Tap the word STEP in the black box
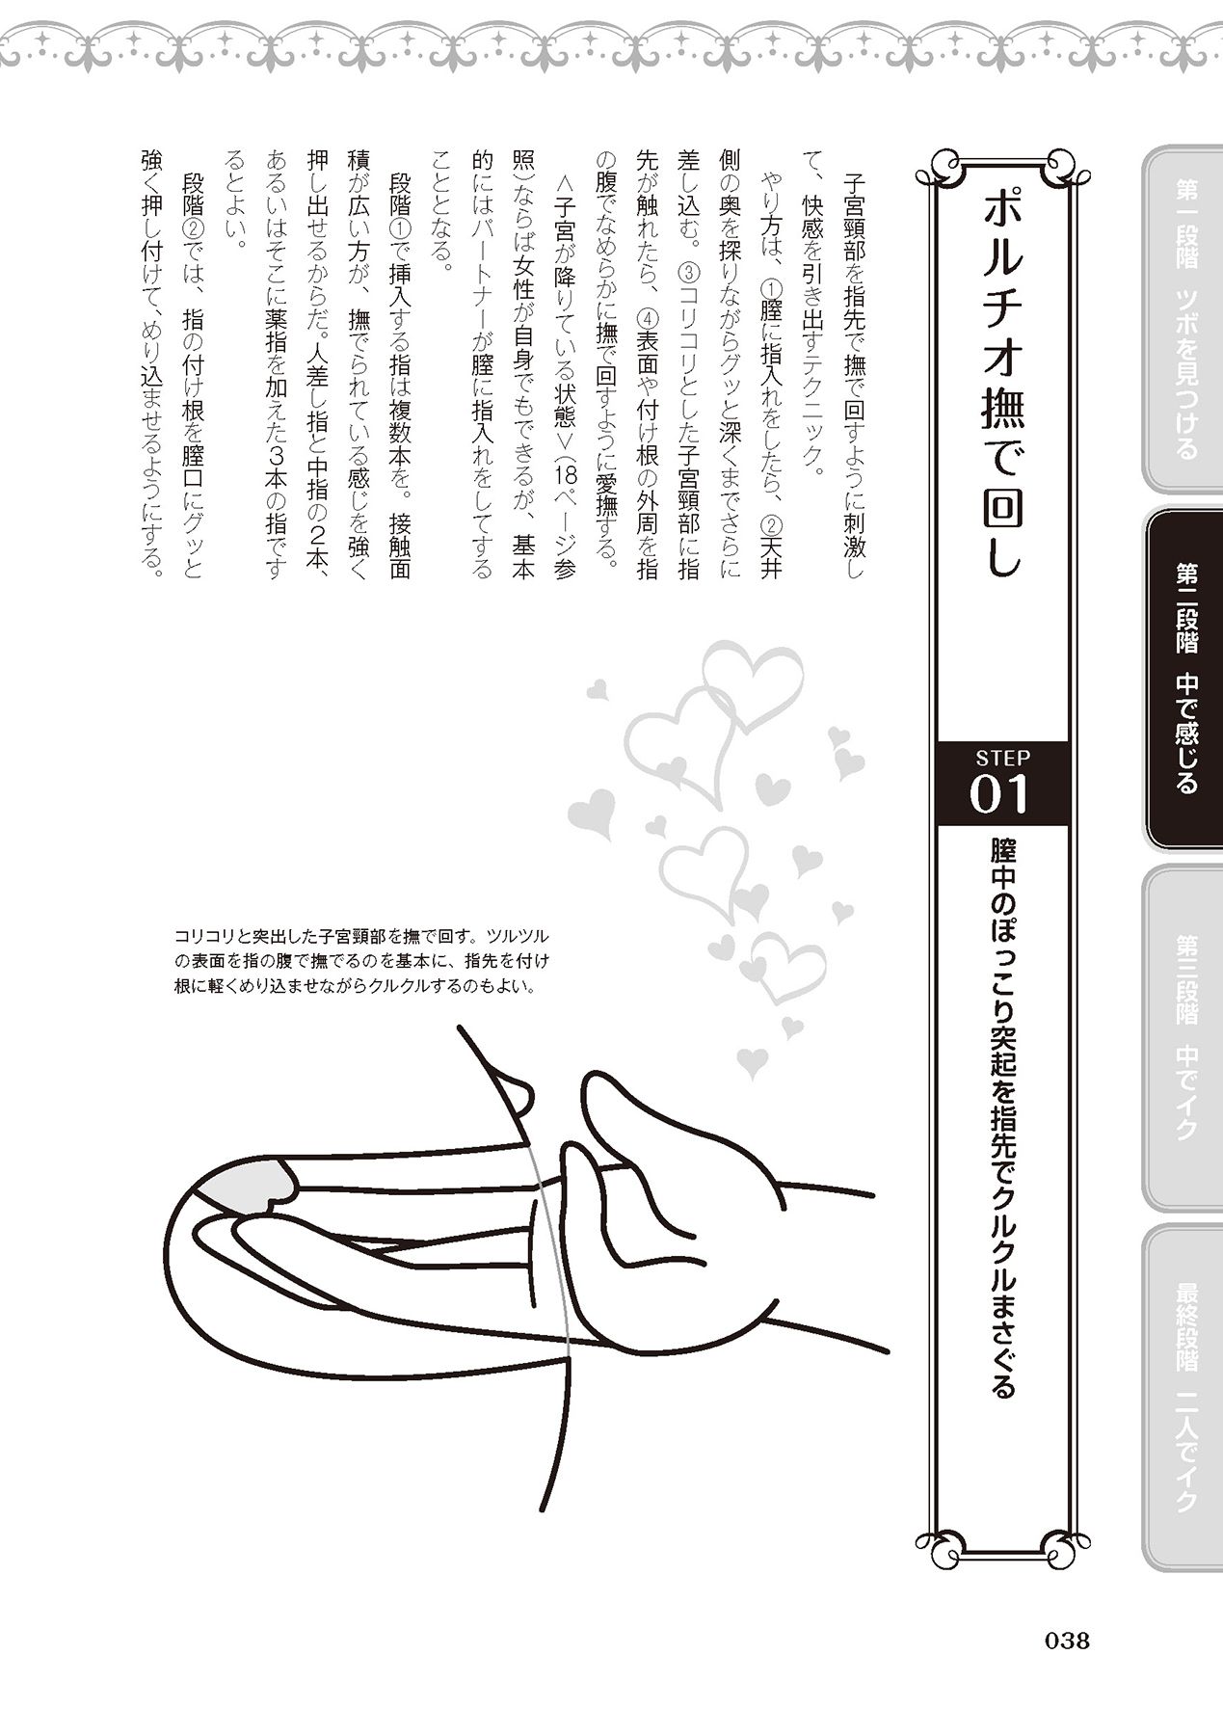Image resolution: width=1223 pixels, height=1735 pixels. [x=1002, y=758]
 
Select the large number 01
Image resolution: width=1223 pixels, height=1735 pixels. [x=1001, y=796]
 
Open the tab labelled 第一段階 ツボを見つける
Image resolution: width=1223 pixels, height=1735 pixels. [x=1184, y=318]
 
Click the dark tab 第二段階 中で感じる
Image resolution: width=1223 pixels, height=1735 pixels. [x=1184, y=680]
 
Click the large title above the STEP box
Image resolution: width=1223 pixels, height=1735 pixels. [x=1002, y=386]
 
